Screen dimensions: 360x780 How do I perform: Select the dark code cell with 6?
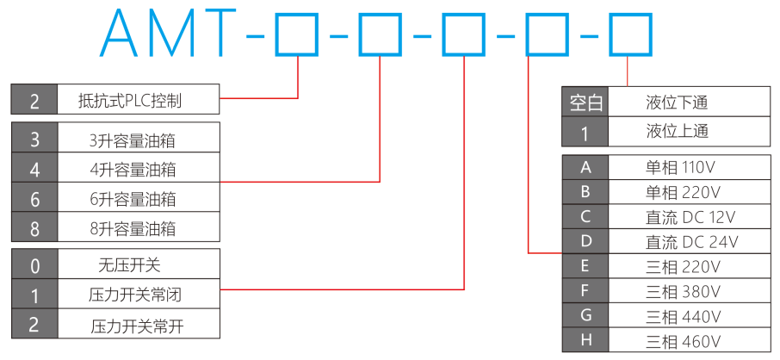point(34,199)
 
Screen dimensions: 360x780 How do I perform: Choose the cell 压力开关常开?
point(137,326)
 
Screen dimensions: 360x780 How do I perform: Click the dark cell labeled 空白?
point(586,103)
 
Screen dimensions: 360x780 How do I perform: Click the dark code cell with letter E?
point(585,265)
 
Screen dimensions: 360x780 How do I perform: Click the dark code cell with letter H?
point(585,340)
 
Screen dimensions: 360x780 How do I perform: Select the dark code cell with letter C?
point(585,216)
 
